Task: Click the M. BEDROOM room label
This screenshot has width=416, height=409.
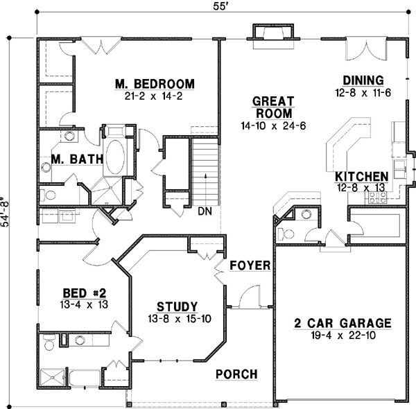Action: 155,85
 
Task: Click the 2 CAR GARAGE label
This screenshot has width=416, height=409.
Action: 343,323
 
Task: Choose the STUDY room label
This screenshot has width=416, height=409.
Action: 177,306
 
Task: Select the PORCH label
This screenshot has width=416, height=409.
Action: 236,374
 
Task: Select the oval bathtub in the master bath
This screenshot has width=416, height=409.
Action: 114,157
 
